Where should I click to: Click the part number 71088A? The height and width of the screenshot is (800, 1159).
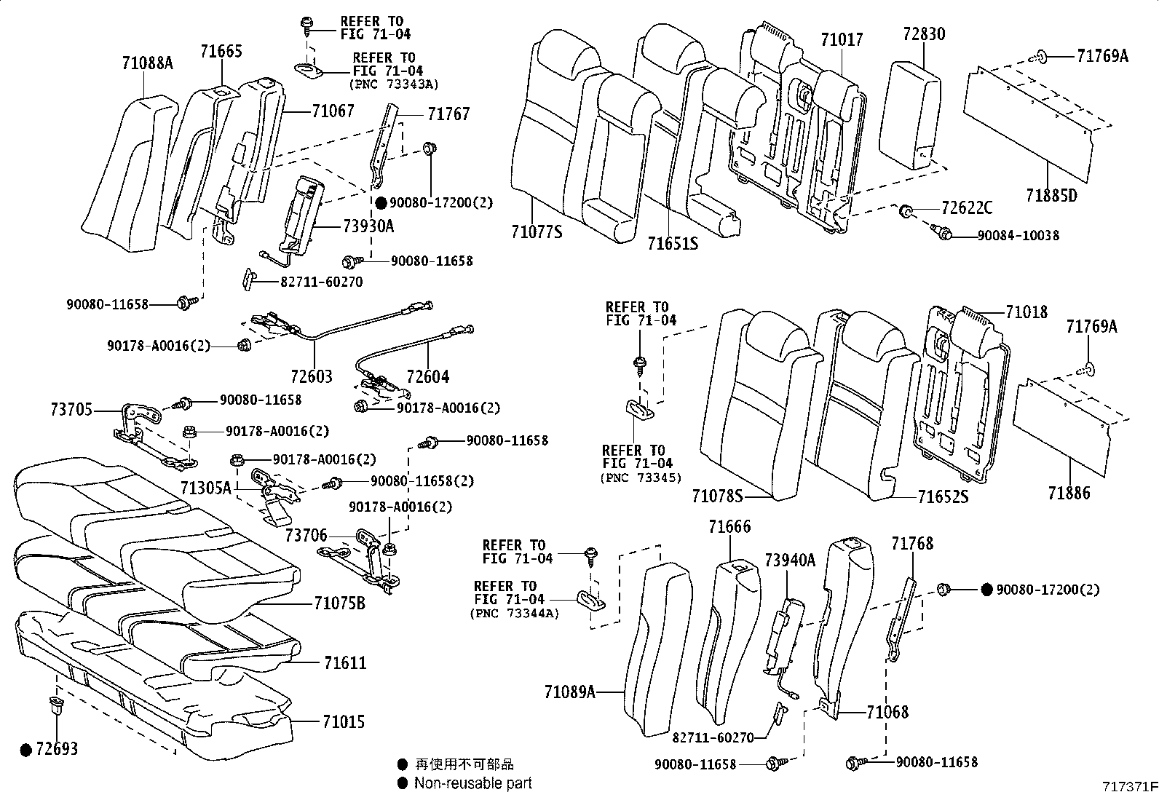click(x=147, y=63)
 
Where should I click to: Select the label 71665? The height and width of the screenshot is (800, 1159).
click(x=221, y=51)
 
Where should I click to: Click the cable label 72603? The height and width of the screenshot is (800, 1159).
click(x=311, y=377)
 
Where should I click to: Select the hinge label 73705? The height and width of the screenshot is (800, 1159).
click(x=71, y=410)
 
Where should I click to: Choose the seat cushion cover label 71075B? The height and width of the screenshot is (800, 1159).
click(x=339, y=603)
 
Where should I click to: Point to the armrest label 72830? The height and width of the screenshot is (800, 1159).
click(x=924, y=34)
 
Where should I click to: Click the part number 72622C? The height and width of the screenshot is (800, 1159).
click(x=966, y=208)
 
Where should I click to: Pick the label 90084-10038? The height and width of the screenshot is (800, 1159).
click(x=1018, y=235)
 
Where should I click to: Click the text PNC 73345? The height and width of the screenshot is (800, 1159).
click(x=641, y=478)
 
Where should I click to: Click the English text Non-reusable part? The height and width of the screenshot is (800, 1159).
click(x=472, y=783)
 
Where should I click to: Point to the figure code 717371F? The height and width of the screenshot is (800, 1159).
click(x=1128, y=788)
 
